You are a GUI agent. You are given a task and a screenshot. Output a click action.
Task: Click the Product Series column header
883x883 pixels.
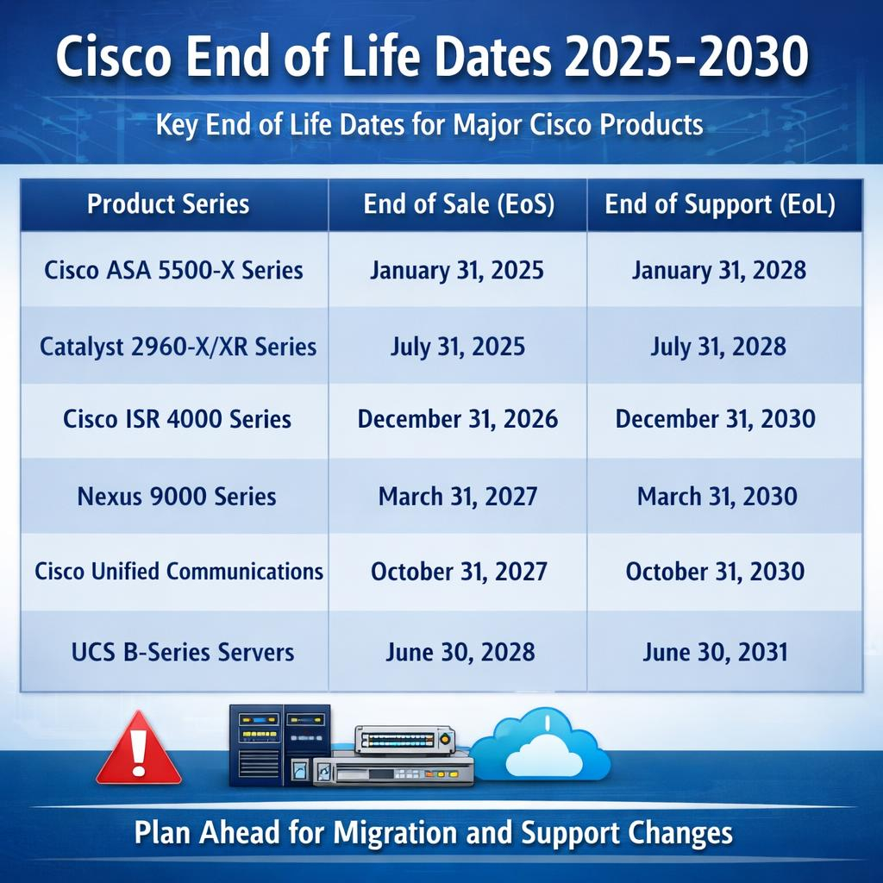(168, 204)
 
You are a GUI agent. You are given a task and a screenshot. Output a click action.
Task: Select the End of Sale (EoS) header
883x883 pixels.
(458, 204)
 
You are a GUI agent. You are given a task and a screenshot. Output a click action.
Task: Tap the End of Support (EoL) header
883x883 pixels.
(720, 204)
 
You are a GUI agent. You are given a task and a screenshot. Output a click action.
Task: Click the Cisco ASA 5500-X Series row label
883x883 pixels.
(173, 270)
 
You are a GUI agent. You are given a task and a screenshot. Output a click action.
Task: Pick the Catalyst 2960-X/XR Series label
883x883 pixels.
(178, 347)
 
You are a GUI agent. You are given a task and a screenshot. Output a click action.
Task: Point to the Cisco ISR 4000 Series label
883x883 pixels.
(177, 419)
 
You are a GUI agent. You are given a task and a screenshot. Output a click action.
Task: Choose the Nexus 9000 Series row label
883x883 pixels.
(177, 496)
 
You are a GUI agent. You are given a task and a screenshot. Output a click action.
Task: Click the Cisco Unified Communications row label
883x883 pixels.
(178, 571)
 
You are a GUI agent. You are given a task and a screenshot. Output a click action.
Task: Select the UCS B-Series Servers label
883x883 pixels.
(183, 651)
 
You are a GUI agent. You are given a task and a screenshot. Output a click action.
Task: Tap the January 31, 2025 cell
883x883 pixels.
(457, 270)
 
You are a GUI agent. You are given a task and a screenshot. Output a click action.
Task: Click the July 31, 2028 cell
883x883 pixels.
(718, 347)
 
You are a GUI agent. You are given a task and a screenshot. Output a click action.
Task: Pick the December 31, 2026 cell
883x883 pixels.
(458, 419)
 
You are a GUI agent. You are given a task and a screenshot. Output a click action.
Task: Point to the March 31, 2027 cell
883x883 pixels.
(458, 496)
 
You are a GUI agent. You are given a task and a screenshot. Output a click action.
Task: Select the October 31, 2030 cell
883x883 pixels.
(716, 571)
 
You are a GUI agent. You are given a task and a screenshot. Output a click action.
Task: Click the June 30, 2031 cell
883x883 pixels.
(715, 651)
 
